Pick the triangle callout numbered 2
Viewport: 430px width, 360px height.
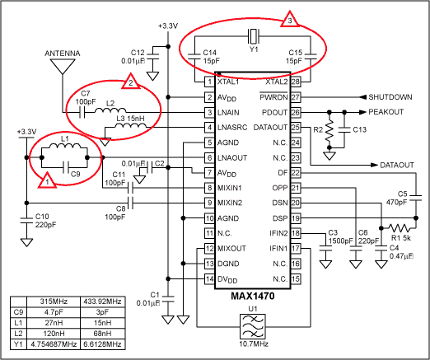pos(128,82)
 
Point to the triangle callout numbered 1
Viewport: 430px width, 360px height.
pos(47,180)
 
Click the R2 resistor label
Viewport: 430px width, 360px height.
pos(318,130)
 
